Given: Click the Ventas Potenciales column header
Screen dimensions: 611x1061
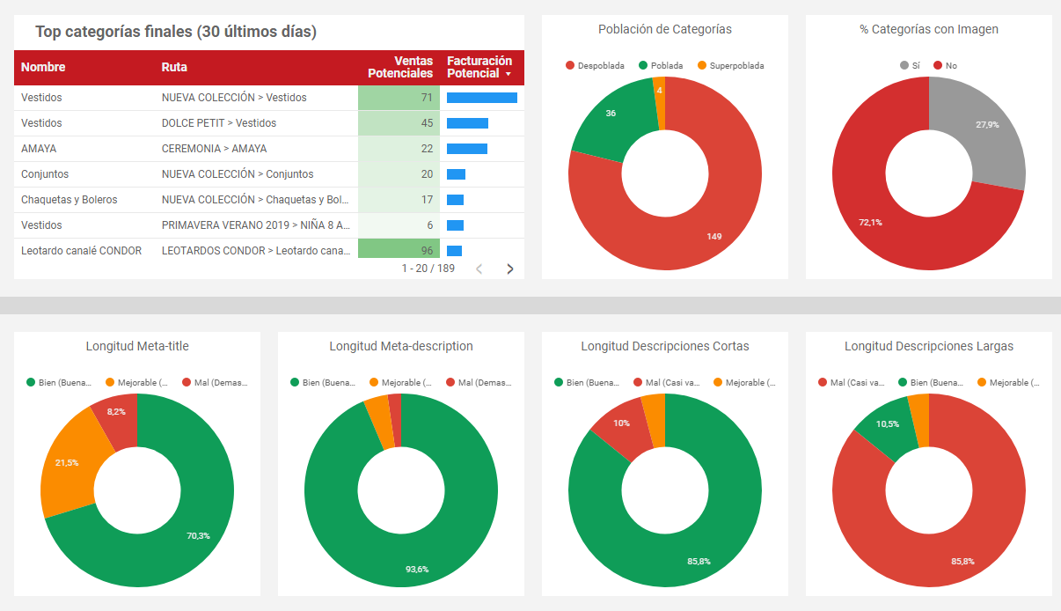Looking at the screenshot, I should tap(400, 67).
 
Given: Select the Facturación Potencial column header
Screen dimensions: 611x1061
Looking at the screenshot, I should tap(479, 67).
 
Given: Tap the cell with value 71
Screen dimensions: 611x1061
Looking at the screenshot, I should tap(399, 98).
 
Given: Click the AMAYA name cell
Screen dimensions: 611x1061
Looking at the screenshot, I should tap(39, 149).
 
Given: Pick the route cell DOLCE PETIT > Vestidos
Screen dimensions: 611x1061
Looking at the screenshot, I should tap(219, 123).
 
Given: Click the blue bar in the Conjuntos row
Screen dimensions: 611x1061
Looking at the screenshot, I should tap(456, 174).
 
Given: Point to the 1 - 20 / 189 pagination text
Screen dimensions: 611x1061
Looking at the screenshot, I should tap(428, 269).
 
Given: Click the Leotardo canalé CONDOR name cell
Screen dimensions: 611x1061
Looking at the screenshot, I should tap(81, 251).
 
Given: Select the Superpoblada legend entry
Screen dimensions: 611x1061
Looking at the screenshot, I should tap(730, 66).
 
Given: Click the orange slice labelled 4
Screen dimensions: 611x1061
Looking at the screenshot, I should tap(659, 91).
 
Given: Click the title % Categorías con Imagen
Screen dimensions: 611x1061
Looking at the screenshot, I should tap(929, 29).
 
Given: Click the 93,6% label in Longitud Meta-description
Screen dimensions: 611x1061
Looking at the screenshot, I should tap(417, 569).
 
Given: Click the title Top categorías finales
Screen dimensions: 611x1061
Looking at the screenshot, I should tap(176, 33).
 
